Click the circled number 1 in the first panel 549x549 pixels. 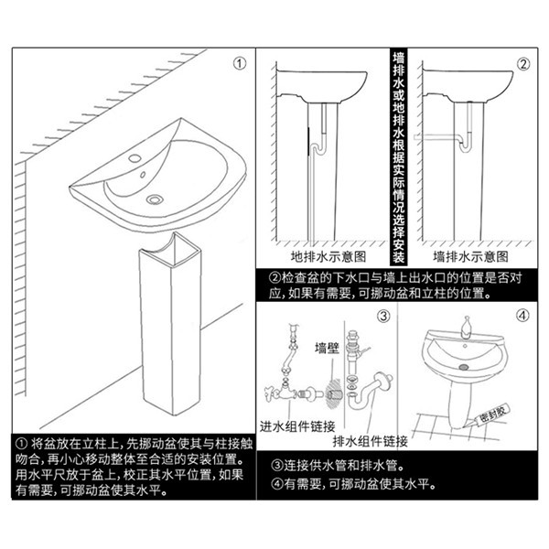pyautogui.click(x=240, y=64)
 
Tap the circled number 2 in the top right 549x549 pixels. pyautogui.click(x=523, y=64)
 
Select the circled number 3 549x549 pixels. pyautogui.click(x=383, y=317)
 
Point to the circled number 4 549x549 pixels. pyautogui.click(x=523, y=317)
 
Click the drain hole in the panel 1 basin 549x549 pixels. pyautogui.click(x=154, y=197)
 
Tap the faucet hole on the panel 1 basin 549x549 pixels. pyautogui.click(x=137, y=161)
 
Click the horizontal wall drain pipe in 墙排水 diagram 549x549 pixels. pyautogui.click(x=439, y=136)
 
